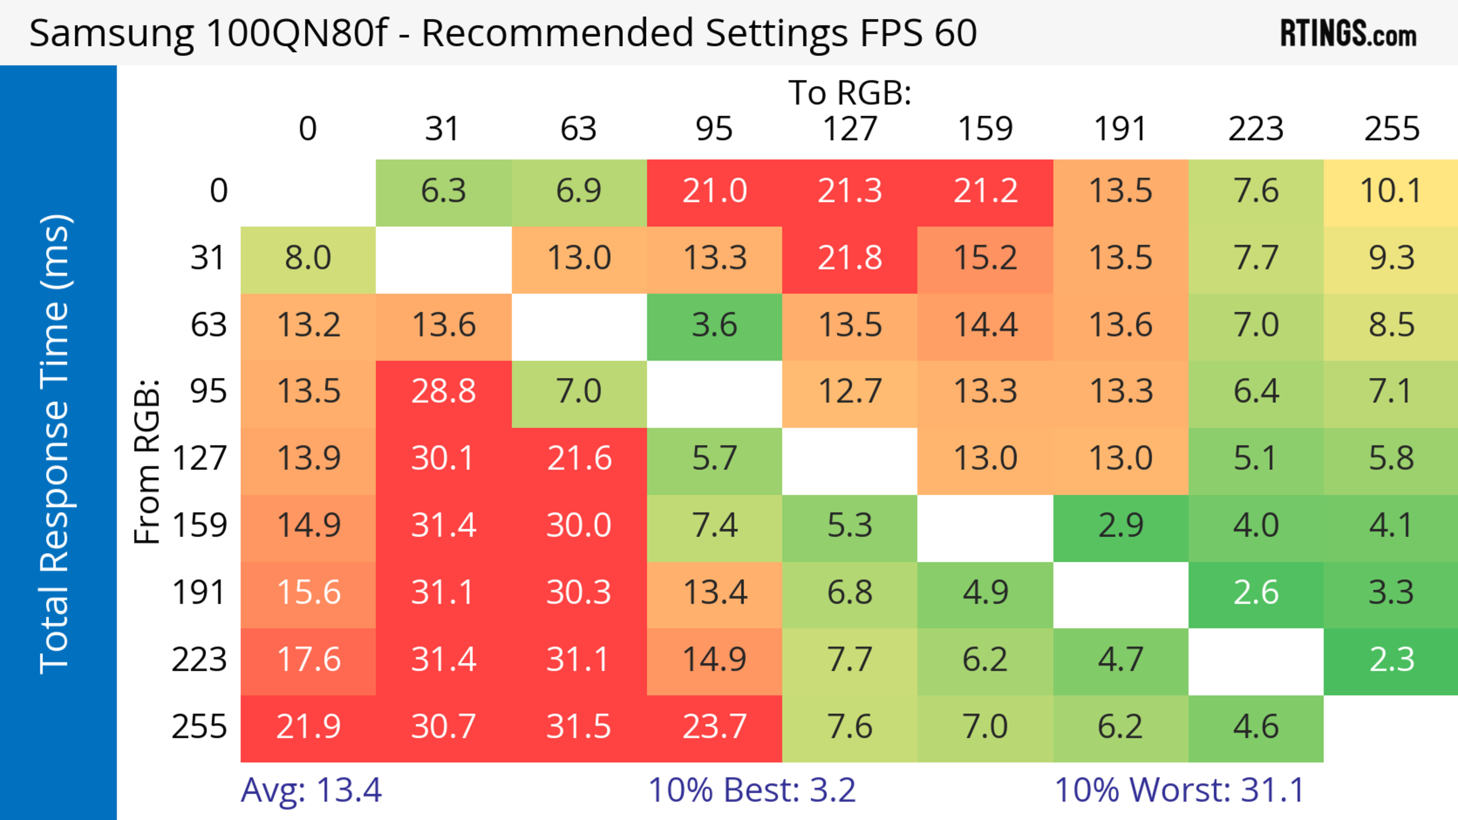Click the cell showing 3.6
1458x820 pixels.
pyautogui.click(x=714, y=325)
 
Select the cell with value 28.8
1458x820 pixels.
pyautogui.click(x=443, y=391)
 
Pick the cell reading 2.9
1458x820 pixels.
pyautogui.click(x=1121, y=526)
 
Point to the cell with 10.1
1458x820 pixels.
pyautogui.click(x=1391, y=191)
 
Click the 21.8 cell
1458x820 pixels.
pyautogui.click(x=850, y=258)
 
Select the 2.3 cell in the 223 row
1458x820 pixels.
pyautogui.click(x=1391, y=660)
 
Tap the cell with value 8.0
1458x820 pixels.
pyautogui.click(x=308, y=258)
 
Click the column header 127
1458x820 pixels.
pyautogui.click(x=850, y=129)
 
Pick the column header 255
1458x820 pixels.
pyautogui.click(x=1391, y=129)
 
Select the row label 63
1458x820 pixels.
pyautogui.click(x=209, y=325)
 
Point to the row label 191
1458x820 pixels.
pyautogui.click(x=199, y=593)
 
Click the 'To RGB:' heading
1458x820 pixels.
pyautogui.click(x=850, y=93)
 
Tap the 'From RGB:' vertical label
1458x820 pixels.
pyautogui.click(x=147, y=461)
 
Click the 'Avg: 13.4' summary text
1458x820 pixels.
pyautogui.click(x=311, y=790)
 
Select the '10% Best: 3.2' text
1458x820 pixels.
pyautogui.click(x=752, y=790)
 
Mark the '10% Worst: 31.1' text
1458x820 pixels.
pyautogui.click(x=1180, y=790)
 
